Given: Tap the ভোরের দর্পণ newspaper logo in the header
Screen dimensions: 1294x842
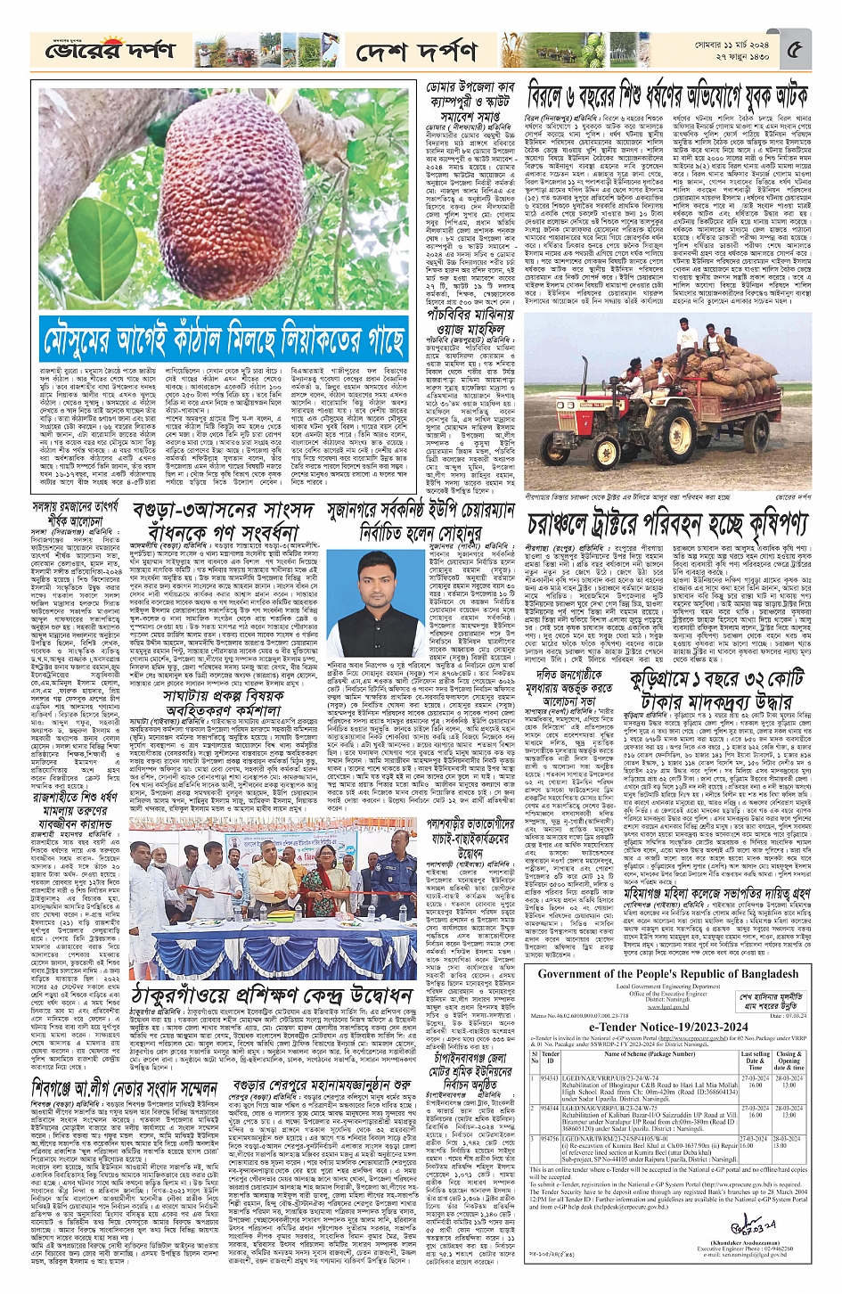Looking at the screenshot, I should click(110, 51).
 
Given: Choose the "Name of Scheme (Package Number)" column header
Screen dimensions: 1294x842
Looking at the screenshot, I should click(648, 1054).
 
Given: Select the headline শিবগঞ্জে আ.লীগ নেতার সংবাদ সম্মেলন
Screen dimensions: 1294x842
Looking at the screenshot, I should click(124, 1089).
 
